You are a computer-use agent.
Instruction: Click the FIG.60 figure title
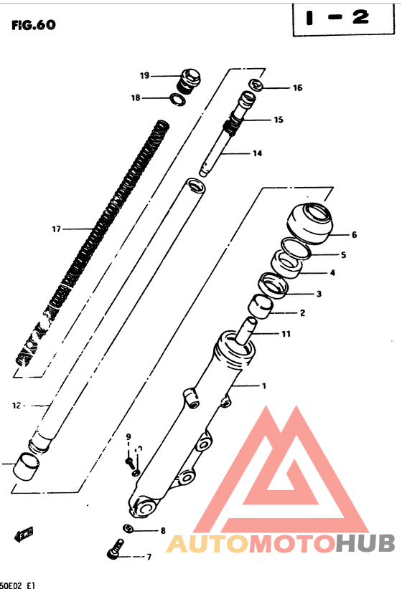33,26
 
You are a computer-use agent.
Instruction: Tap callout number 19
144,75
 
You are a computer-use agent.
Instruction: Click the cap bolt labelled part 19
190,80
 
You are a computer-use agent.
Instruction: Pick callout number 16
297,88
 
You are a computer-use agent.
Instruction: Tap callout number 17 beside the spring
56,229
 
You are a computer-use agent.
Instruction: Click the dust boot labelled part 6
309,221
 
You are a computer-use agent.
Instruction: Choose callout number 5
343,254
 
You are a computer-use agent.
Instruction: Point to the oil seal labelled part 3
274,284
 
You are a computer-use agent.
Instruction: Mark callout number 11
286,334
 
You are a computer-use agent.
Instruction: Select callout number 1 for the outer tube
263,386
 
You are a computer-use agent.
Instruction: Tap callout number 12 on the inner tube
15,405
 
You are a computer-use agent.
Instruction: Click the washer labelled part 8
128,530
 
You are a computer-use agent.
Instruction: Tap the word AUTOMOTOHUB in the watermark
281,544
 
